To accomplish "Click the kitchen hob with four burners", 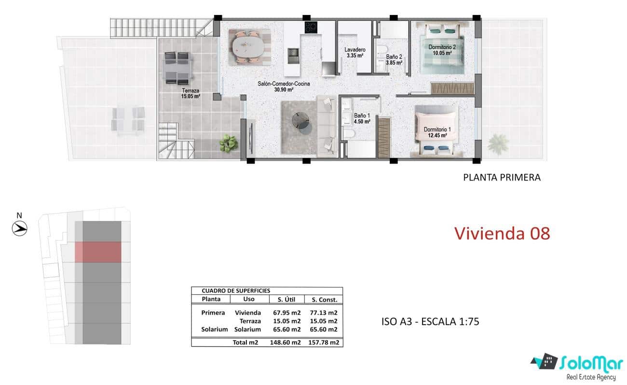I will (311, 28).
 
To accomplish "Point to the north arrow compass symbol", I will (19, 228).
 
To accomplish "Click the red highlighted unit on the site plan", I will (98, 252).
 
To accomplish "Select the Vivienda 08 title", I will (502, 234).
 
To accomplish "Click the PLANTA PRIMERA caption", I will (502, 177).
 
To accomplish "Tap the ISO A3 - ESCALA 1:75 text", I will (430, 321).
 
